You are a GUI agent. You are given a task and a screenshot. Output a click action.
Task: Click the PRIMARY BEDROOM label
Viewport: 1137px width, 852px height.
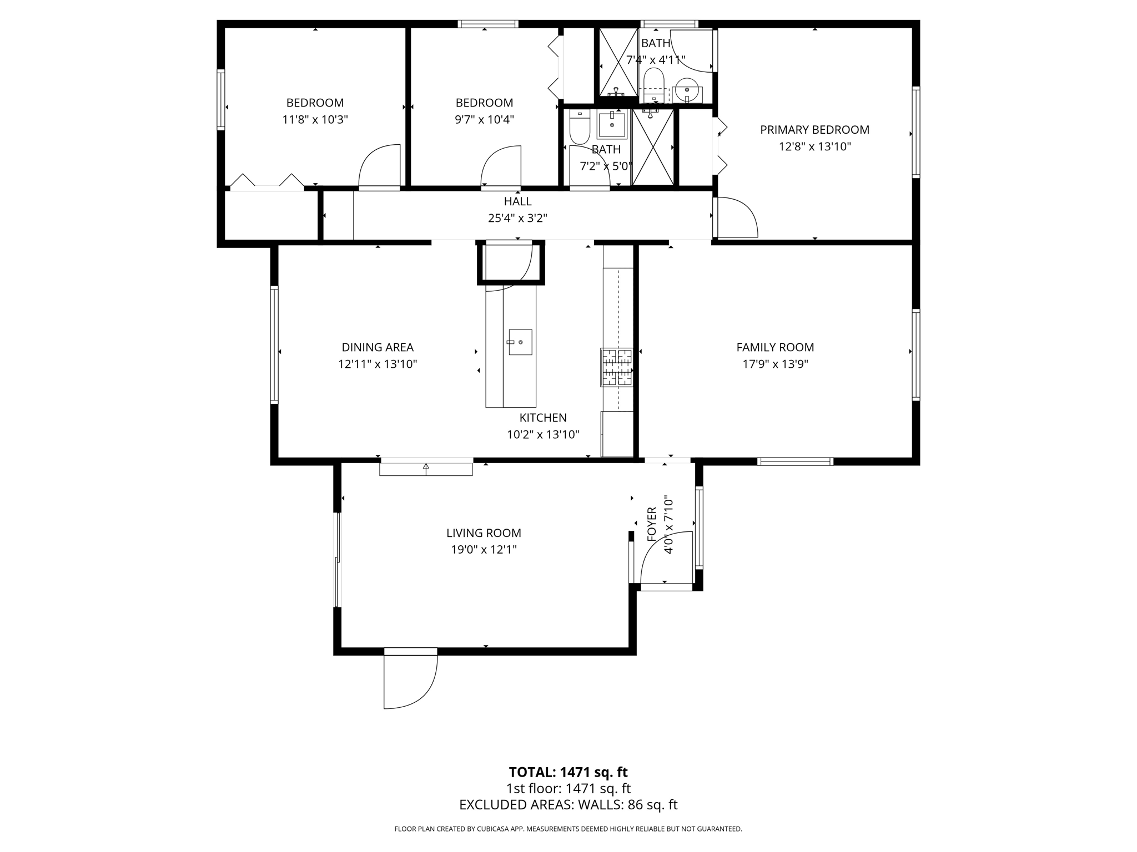click(x=814, y=130)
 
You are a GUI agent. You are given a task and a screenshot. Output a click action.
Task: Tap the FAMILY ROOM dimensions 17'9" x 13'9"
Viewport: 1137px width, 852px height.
click(x=775, y=364)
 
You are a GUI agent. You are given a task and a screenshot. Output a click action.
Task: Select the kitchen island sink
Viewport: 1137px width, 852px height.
click(x=520, y=342)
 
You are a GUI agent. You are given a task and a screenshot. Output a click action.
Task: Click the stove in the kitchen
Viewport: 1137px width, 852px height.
click(x=616, y=367)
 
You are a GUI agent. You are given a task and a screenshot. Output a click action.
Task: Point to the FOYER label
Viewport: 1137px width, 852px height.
click(x=652, y=524)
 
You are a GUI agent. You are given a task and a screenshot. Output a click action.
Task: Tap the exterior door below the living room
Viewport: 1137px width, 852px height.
click(x=409, y=679)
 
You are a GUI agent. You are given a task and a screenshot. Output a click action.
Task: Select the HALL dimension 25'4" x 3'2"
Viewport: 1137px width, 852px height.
click(x=517, y=219)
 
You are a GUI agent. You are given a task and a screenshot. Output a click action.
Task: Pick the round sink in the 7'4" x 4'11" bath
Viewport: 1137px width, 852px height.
click(x=687, y=91)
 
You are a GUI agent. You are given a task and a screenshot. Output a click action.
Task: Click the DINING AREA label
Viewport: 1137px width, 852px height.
click(x=378, y=347)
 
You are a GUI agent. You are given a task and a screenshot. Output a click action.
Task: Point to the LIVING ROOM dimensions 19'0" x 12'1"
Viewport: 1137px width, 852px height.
click(x=484, y=550)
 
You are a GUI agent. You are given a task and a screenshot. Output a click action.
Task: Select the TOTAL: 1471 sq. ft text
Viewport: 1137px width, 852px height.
click(x=568, y=772)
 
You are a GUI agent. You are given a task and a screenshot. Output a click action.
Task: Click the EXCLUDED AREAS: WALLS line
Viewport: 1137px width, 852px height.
click(x=568, y=805)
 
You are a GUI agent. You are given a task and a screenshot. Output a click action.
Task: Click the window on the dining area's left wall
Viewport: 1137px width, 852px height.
click(x=274, y=344)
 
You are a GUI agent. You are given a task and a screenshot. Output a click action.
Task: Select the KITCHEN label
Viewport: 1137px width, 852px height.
click(x=542, y=418)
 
